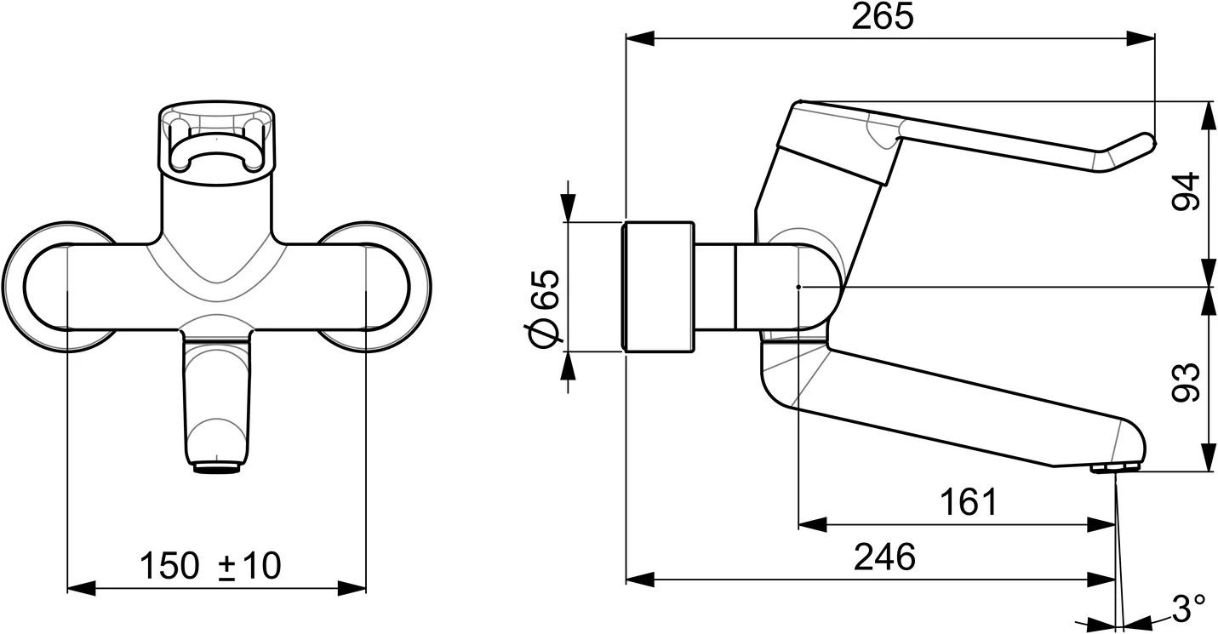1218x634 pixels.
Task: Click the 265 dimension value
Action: (x=882, y=17)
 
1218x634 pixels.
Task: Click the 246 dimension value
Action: (x=884, y=557)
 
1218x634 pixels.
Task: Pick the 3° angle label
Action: (x=1188, y=608)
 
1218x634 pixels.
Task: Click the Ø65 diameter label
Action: (x=545, y=308)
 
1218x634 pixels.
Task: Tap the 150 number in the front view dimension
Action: (x=169, y=565)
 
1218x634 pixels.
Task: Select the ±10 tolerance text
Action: (x=249, y=565)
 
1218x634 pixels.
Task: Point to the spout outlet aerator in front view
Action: (x=218, y=466)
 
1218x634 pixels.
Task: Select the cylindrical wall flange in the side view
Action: (x=659, y=287)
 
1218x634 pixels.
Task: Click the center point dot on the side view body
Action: (x=798, y=288)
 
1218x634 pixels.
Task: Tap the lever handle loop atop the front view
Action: (x=216, y=140)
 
